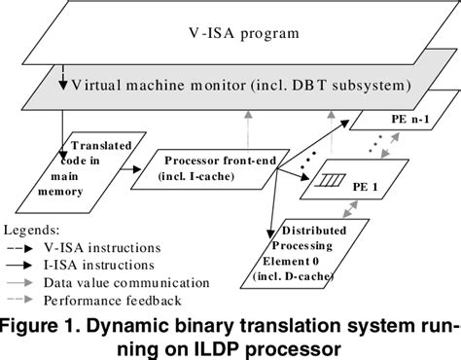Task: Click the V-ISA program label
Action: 230,37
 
